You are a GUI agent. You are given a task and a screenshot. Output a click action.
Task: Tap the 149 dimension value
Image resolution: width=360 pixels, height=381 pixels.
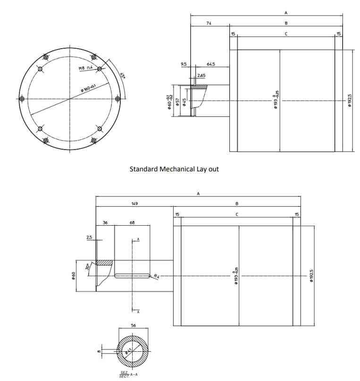134,204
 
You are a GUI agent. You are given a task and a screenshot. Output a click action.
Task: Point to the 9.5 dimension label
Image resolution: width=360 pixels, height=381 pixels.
184,64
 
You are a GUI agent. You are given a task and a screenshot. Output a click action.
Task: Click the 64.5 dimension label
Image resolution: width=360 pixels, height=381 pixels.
211,64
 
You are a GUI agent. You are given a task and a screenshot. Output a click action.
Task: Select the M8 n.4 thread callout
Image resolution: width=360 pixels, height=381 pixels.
85,68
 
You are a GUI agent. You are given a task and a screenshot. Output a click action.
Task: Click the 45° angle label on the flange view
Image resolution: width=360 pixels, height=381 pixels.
122,75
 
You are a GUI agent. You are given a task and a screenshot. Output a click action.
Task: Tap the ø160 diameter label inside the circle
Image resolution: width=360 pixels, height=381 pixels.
88,88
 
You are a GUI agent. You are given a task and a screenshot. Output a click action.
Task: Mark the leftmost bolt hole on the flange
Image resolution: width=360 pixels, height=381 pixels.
22,99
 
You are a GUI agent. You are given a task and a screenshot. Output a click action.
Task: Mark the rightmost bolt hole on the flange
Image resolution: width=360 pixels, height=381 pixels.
118,99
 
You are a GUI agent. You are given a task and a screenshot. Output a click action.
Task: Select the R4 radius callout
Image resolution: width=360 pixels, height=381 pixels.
156,276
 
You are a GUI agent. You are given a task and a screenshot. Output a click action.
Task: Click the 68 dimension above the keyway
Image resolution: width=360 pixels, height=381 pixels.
132,222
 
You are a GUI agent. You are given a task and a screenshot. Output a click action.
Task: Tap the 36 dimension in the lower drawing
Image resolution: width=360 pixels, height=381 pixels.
105,222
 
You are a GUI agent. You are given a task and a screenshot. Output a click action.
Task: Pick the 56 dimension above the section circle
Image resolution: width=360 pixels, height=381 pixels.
134,326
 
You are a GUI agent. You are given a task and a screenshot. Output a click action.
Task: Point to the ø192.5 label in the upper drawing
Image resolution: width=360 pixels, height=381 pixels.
350,101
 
